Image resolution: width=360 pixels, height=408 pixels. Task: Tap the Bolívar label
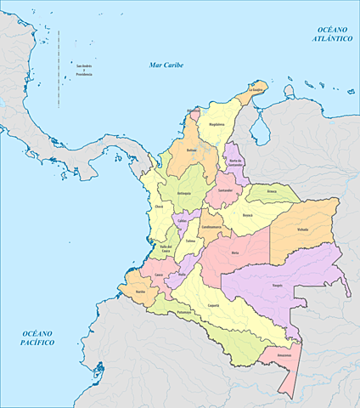point(192,150)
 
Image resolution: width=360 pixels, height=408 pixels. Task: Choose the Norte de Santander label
point(236,161)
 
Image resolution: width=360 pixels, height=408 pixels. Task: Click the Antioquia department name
point(184,194)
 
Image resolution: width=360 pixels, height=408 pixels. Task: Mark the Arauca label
point(272,192)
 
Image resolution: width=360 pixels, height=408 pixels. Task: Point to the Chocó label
point(158,207)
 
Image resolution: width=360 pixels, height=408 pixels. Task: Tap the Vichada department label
point(303,229)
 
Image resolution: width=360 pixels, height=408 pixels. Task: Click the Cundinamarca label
point(212,228)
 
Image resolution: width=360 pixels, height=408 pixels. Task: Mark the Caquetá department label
point(215,304)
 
